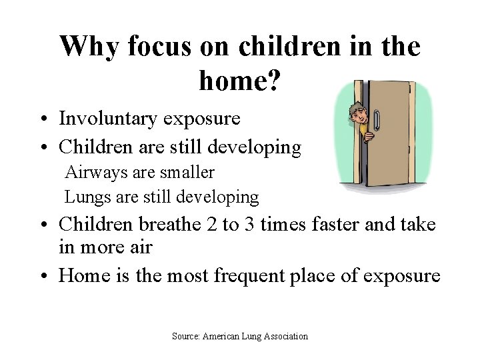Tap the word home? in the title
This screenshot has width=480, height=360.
[x=240, y=81]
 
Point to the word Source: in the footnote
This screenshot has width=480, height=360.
[x=186, y=337]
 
